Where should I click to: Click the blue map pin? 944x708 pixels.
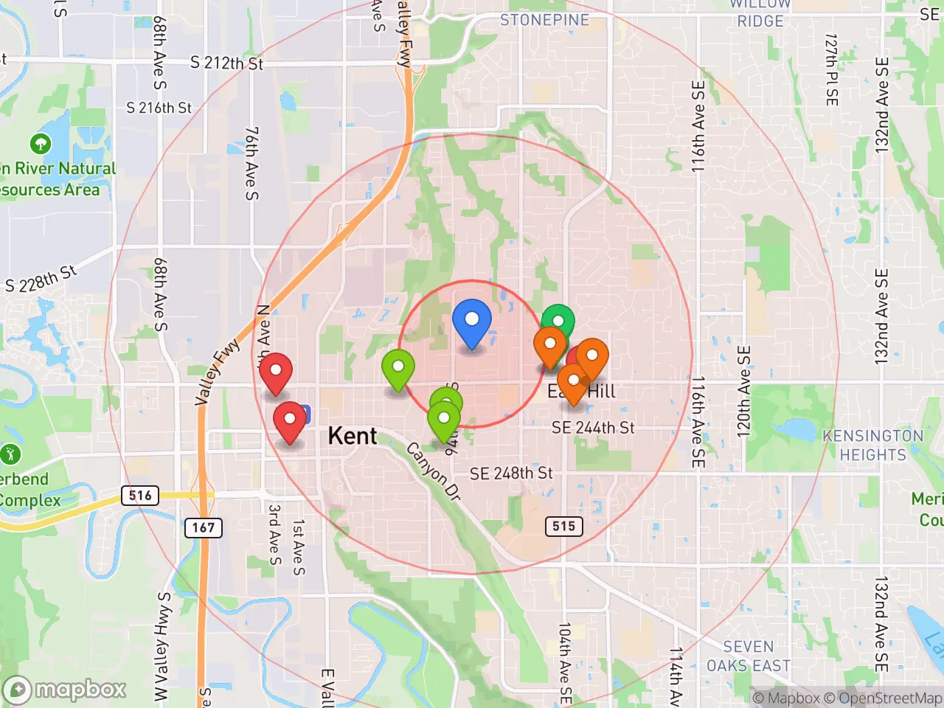tap(471, 322)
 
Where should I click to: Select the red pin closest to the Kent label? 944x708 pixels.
tap(290, 420)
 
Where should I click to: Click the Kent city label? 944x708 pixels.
tap(353, 436)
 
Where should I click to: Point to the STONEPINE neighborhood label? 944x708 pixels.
tap(544, 20)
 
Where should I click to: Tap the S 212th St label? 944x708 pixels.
tap(226, 63)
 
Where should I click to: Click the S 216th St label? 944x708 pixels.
tap(159, 108)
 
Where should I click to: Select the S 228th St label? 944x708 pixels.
tap(41, 279)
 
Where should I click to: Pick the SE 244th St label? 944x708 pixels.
tap(593, 427)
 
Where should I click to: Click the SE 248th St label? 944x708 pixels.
tap(511, 473)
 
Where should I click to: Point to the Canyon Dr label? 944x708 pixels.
tap(434, 472)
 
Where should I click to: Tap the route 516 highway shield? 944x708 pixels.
tap(140, 495)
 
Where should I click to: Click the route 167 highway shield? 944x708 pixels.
tap(203, 527)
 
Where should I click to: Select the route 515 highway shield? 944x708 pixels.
tap(563, 526)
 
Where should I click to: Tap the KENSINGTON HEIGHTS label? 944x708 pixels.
tap(872, 445)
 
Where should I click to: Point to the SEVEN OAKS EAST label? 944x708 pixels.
tap(748, 656)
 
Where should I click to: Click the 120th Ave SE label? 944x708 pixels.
tap(744, 391)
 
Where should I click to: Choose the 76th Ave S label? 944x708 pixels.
tap(252, 163)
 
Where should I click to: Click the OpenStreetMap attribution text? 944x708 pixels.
tap(884, 698)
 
